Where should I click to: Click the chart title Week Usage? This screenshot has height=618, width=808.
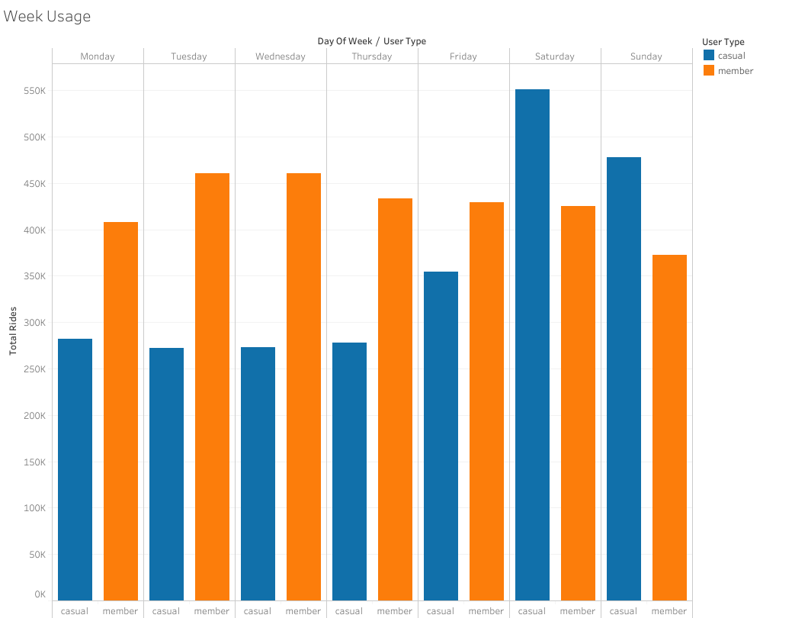[x=47, y=16]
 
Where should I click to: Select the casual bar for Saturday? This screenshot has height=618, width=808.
[x=532, y=344]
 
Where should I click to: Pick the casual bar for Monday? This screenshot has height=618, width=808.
[x=75, y=469]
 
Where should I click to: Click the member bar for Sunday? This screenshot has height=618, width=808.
[x=669, y=427]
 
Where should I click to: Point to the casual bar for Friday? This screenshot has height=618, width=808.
[x=441, y=436]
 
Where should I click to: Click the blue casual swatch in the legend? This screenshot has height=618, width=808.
[x=709, y=55]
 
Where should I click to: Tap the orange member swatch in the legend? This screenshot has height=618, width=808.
[x=709, y=70]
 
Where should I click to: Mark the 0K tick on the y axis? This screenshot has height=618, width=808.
[x=40, y=594]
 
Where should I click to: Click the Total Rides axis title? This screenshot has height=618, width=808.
[x=13, y=331]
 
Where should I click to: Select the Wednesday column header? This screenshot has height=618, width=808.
[x=281, y=56]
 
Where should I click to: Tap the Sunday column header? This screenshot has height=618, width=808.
[x=646, y=56]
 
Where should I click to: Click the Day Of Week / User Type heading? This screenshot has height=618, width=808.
[x=372, y=41]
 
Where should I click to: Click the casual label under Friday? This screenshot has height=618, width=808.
[x=441, y=611]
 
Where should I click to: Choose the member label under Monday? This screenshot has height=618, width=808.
[x=120, y=611]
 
